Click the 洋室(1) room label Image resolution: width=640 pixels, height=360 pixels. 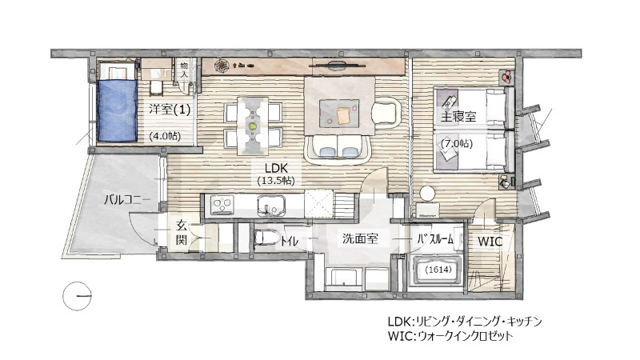(x=170, y=110)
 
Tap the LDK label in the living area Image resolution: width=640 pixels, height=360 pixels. (x=276, y=168)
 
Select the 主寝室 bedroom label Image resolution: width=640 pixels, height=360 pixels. (x=458, y=116)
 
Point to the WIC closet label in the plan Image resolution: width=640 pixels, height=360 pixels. (x=490, y=242)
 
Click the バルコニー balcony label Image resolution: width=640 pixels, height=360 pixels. (x=127, y=199)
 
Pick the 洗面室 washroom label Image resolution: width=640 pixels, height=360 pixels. (x=360, y=238)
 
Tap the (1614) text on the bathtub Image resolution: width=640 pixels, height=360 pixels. (x=438, y=270)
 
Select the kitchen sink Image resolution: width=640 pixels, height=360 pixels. (x=271, y=206)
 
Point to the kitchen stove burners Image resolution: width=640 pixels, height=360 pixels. (x=222, y=205)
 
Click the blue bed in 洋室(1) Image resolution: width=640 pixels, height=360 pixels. (x=117, y=110)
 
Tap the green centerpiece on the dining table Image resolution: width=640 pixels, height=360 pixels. (x=253, y=126)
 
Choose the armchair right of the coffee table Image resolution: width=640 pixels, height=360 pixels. (x=386, y=110)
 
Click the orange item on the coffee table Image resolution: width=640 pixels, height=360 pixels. (x=344, y=115)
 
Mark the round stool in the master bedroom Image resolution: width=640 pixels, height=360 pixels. (x=428, y=193)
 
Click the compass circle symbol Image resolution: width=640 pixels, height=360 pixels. (x=77, y=296)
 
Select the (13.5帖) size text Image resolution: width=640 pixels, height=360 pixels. (x=276, y=180)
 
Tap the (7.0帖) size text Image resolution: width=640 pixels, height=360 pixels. (x=457, y=144)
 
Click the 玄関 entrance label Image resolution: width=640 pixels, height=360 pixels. (x=182, y=232)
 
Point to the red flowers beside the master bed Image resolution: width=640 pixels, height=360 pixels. (x=507, y=76)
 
